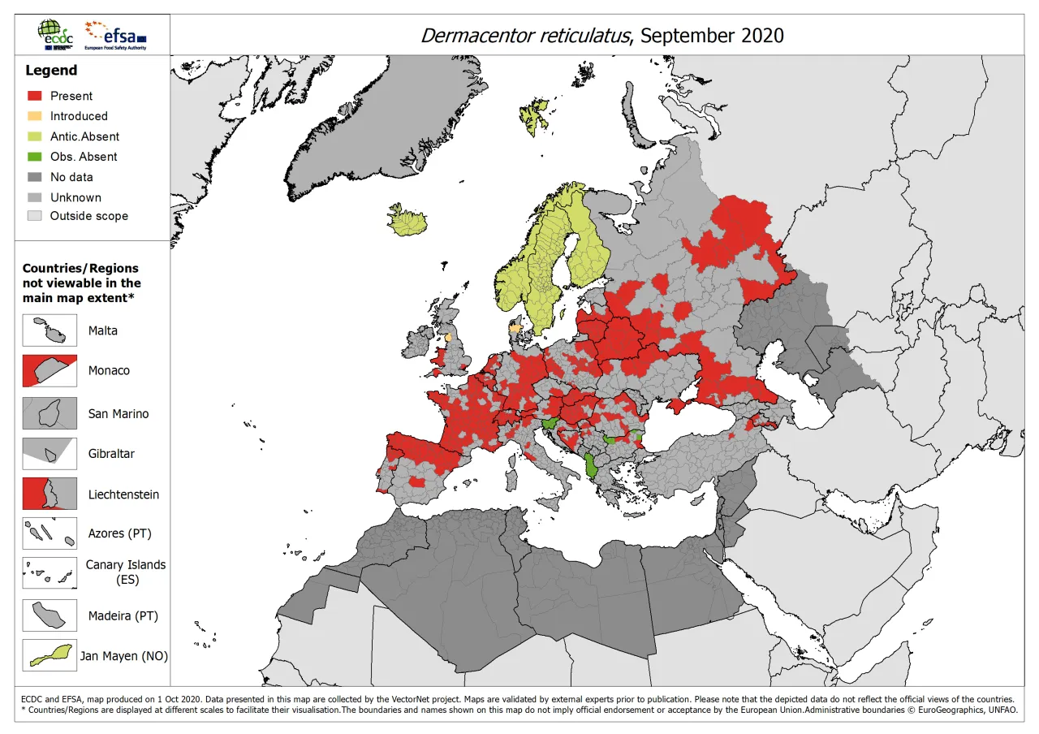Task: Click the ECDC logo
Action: click(54, 34)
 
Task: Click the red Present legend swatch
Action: click(33, 96)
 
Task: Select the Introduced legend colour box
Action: click(33, 116)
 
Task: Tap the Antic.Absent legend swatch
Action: click(33, 136)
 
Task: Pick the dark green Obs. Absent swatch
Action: click(33, 157)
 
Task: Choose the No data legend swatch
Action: click(33, 177)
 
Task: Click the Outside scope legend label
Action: click(88, 216)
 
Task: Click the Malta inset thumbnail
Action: click(50, 330)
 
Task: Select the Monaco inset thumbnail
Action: click(50, 370)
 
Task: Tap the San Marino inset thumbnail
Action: click(50, 413)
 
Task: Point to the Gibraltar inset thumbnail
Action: click(50, 453)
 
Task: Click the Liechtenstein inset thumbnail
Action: click(50, 494)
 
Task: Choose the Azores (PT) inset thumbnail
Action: click(50, 533)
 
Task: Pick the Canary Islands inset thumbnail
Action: click(50, 572)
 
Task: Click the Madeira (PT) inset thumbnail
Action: click(50, 615)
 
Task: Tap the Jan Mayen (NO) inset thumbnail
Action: click(50, 655)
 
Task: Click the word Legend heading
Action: click(51, 71)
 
